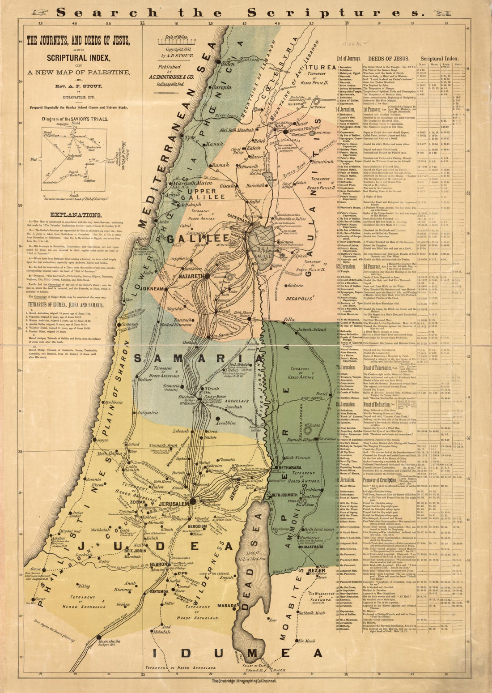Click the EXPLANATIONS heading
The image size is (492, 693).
tap(76, 215)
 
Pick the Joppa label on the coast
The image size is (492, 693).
tap(102, 428)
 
